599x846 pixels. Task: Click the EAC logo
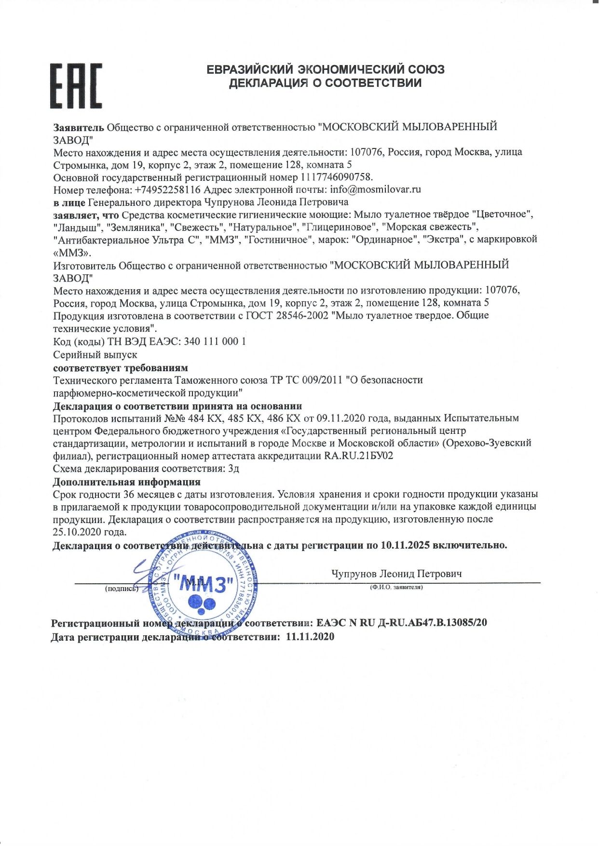coord(76,85)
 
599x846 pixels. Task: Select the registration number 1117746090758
coord(336,177)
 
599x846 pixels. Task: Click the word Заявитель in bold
coord(79,127)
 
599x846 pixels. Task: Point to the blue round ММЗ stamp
coord(203,585)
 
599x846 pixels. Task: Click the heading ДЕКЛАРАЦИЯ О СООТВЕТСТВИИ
coord(325,83)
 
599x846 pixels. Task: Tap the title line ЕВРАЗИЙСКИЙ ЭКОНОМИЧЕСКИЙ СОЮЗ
coord(326,69)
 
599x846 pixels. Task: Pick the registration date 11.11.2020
coord(310,637)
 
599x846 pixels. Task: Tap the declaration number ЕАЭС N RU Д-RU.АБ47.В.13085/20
coord(402,622)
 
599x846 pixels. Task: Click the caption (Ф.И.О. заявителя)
coord(396,587)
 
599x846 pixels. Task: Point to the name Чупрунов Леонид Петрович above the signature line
coord(396,574)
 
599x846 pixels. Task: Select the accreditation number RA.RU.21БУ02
coord(359,456)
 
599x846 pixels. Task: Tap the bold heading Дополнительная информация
coord(126,482)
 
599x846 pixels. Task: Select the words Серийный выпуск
coord(95,354)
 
